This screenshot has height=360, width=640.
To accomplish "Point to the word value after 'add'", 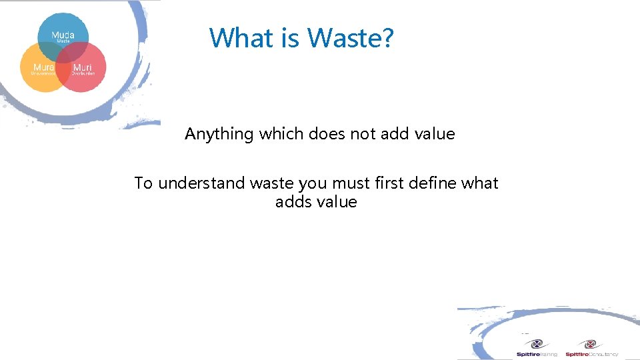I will coord(434,134).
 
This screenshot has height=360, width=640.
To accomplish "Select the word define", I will coord(434,183).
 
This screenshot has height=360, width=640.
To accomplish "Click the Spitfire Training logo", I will coord(536,349).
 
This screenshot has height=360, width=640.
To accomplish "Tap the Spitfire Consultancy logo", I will coord(591,349).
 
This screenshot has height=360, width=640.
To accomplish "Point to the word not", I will coord(363,134).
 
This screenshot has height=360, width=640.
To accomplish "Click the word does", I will coord(327,134).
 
